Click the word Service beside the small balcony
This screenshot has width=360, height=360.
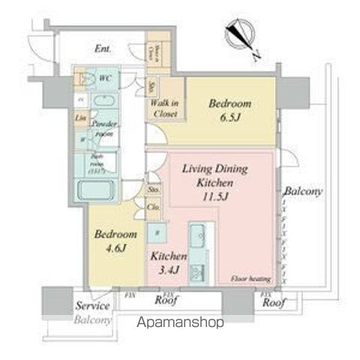93,306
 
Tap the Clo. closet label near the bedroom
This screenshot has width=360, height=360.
153,206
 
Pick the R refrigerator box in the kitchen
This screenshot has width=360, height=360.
157,232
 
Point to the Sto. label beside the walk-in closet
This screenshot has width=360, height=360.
152,87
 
